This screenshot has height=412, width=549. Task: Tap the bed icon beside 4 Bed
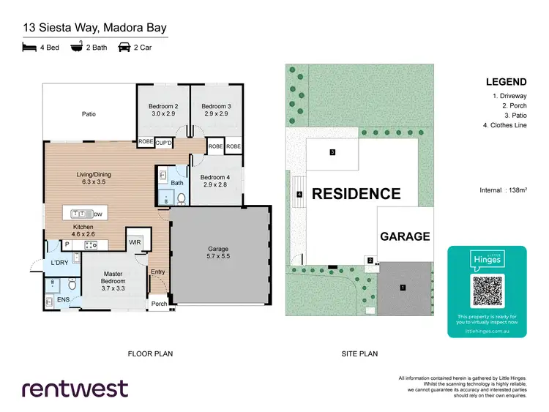pyautogui.click(x=29, y=48)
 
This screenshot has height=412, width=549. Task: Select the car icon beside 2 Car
pyautogui.click(x=124, y=48)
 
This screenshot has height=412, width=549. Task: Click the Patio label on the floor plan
pyautogui.click(x=89, y=114)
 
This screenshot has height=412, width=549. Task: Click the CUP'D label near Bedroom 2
pyautogui.click(x=164, y=142)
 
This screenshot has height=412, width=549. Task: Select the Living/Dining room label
pyautogui.click(x=92, y=174)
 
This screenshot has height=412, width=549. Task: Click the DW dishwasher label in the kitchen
pyautogui.click(x=98, y=214)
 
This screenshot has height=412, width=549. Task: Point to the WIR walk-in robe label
pyautogui.click(x=135, y=241)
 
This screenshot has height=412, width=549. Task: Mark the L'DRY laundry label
pyautogui.click(x=59, y=263)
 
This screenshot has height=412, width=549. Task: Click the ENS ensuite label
pyautogui.click(x=63, y=299)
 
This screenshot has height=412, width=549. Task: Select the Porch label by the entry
pyautogui.click(x=159, y=304)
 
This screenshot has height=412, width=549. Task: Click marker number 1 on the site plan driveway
pyautogui.click(x=402, y=288)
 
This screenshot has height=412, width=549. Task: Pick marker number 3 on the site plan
pyautogui.click(x=332, y=152)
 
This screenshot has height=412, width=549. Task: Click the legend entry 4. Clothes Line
pyautogui.click(x=504, y=126)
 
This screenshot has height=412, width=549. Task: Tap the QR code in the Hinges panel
pyautogui.click(x=487, y=291)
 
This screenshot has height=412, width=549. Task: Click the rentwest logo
pyautogui.click(x=75, y=388)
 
